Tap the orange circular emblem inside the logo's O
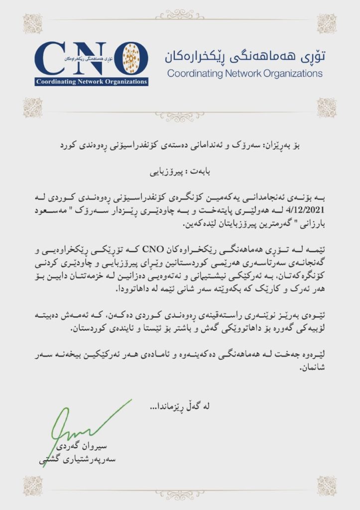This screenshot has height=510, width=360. pyautogui.click(x=131, y=58)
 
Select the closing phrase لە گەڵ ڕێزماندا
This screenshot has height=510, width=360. pyautogui.click(x=180, y=406)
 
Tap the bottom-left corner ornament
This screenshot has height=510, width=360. pyautogui.click(x=33, y=486)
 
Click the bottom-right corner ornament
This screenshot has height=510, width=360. pyautogui.click(x=327, y=486)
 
